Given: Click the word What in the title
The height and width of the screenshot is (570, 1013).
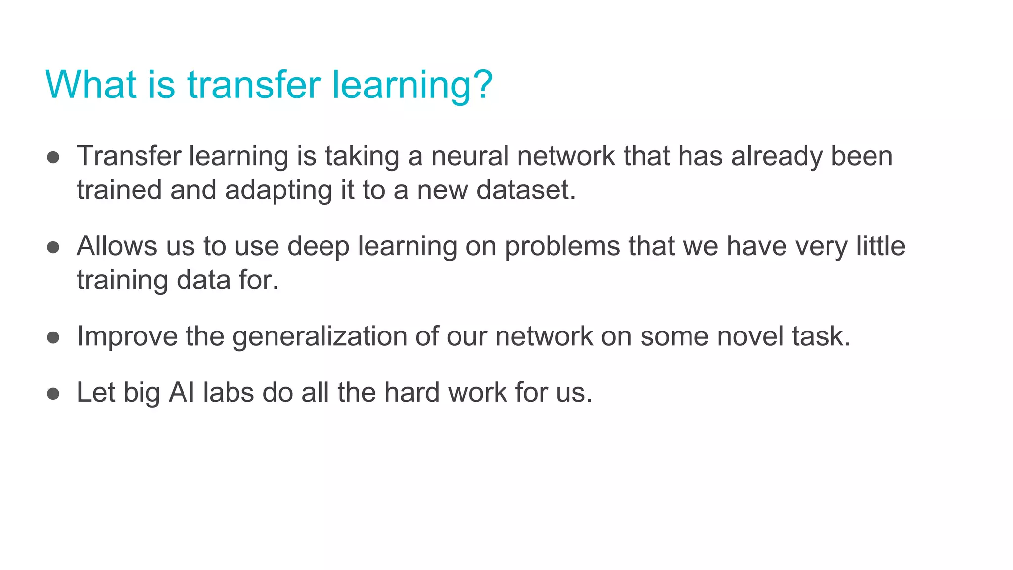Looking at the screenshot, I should coord(91,85).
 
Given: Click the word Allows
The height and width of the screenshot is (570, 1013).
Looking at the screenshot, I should coord(117,246).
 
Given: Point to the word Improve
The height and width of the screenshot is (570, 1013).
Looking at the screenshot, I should coord(127,337).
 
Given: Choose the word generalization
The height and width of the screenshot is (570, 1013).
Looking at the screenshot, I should coord(320,337).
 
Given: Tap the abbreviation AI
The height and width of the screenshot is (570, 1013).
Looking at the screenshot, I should coord(182,393).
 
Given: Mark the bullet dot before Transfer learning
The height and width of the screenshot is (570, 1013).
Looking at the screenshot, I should coord(53,158).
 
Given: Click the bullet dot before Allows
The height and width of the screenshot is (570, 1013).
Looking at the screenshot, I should coord(53,247).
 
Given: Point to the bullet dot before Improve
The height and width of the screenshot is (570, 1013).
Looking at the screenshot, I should coord(53,338).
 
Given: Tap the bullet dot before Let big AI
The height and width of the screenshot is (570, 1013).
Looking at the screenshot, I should coord(53,394).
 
